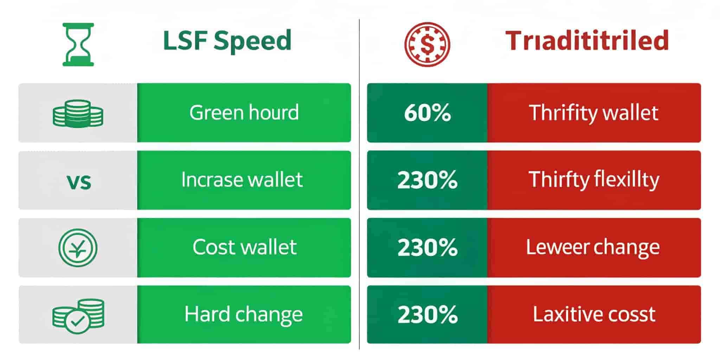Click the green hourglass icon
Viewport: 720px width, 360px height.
tap(78, 44)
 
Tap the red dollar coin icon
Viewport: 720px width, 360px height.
tap(427, 44)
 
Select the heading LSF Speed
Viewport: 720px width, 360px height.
tap(227, 41)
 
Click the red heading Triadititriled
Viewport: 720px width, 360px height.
tap(587, 41)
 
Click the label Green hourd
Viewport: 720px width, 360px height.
tap(244, 112)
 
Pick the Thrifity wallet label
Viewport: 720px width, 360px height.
tap(594, 113)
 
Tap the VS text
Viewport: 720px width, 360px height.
tap(79, 182)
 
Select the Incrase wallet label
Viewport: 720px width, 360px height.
tap(242, 179)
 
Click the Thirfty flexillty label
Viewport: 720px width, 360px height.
tap(594, 180)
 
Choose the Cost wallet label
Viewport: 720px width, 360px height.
tap(245, 247)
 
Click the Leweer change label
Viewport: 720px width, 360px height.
tap(593, 247)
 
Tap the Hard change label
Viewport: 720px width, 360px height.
tap(244, 315)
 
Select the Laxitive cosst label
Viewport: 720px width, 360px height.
tap(594, 314)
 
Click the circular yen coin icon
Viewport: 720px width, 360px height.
tap(78, 247)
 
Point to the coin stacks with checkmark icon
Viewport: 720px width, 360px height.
tap(78, 315)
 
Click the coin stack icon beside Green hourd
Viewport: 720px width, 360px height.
tap(78, 113)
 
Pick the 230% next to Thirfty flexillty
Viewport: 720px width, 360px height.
tap(427, 180)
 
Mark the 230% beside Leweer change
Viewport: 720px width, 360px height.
tap(427, 247)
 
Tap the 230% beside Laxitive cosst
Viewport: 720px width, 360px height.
tap(427, 315)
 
